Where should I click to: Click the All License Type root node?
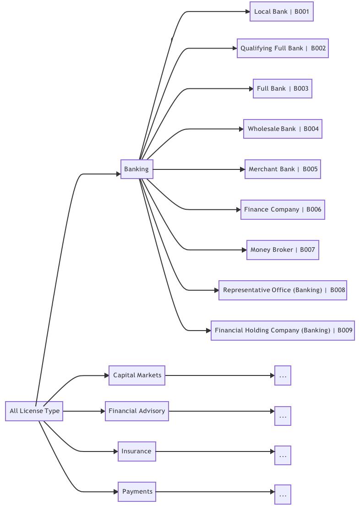(x=34, y=411)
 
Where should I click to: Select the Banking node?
(x=136, y=169)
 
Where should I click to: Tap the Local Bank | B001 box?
(x=282, y=12)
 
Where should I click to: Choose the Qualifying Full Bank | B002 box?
(x=283, y=49)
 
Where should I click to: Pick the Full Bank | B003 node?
(x=283, y=89)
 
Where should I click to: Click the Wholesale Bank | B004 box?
(x=283, y=129)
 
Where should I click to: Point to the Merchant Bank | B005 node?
(x=283, y=169)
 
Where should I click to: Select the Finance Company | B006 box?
(x=283, y=210)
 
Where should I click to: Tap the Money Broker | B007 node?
(x=283, y=250)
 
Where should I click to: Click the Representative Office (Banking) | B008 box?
(x=283, y=290)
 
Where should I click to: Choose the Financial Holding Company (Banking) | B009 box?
(x=283, y=331)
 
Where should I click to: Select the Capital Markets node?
(x=137, y=375)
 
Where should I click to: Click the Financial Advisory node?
(x=137, y=411)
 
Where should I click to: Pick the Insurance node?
(x=137, y=451)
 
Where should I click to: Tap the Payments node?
(x=137, y=492)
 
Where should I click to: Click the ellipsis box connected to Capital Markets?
(x=283, y=375)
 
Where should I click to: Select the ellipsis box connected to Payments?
(x=283, y=495)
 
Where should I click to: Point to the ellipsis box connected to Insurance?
(x=283, y=455)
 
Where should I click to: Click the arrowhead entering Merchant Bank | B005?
(x=243, y=169)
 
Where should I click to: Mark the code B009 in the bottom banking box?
(x=345, y=331)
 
